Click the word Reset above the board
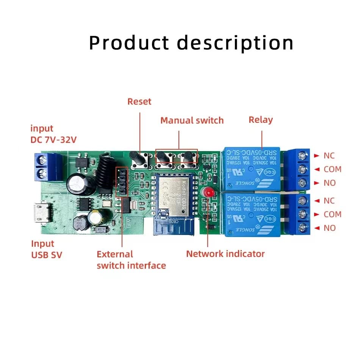point(139,102)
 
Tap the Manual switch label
point(192,121)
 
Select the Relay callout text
point(260,120)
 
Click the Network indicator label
point(225,254)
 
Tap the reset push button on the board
point(136,160)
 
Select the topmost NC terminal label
point(329,155)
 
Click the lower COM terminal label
point(332,214)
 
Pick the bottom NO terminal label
point(329,228)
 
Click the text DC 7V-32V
point(53,139)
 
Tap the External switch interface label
point(131,260)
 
